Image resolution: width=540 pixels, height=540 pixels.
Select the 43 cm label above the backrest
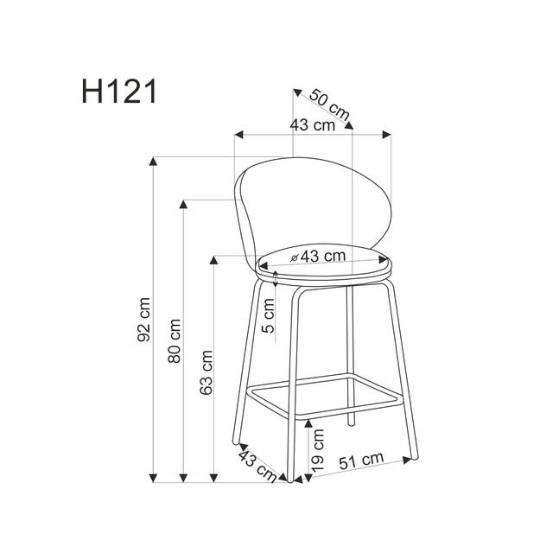click(x=312, y=124)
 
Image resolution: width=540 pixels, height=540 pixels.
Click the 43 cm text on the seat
click(x=323, y=256)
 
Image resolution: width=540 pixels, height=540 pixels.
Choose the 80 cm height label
click(x=175, y=340)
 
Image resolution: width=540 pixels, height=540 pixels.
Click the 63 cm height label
click(x=206, y=372)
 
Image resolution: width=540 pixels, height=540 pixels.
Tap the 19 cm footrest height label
click(x=318, y=448)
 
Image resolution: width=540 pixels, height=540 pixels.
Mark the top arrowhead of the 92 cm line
click(x=154, y=162)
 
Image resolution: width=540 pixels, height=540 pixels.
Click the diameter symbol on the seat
click(x=295, y=257)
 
